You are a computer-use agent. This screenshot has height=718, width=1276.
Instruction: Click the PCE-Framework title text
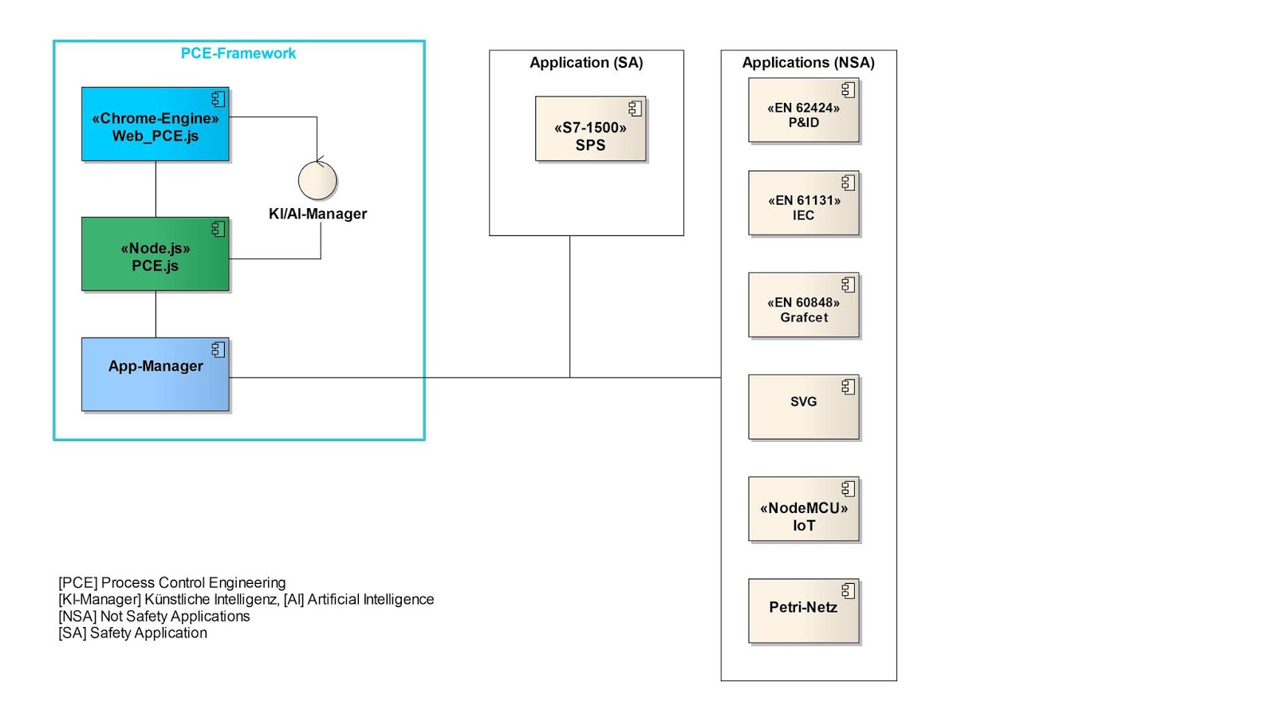pos(238,53)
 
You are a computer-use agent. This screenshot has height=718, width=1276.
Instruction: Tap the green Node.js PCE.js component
pos(155,254)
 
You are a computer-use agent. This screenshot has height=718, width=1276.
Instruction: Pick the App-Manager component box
pos(155,375)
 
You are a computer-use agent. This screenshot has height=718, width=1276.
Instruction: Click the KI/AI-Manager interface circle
pos(317,180)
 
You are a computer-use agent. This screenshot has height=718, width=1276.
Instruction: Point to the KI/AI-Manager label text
pos(317,214)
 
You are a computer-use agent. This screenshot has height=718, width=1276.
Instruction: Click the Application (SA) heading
pos(586,62)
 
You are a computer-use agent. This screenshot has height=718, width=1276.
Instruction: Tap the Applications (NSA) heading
pos(808,62)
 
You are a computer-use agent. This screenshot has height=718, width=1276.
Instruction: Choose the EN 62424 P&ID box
pos(804,111)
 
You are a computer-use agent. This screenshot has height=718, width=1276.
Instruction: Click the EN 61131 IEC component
pos(804,204)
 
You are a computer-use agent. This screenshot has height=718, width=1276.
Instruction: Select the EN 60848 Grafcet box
pos(804,306)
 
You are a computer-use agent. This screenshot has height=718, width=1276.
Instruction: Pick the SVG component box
pos(804,408)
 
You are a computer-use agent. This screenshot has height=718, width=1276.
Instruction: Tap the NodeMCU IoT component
pos(804,511)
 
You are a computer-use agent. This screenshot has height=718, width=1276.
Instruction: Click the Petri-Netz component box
pos(804,612)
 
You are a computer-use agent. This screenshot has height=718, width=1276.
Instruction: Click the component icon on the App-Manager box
pos(218,349)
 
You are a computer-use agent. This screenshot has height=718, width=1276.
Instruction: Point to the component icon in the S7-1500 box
pos(635,108)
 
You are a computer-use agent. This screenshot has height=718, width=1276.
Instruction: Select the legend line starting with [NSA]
pos(154,617)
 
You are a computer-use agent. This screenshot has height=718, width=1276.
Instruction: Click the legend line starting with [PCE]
pos(171,583)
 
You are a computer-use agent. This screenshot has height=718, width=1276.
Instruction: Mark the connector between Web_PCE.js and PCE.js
pos(156,189)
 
